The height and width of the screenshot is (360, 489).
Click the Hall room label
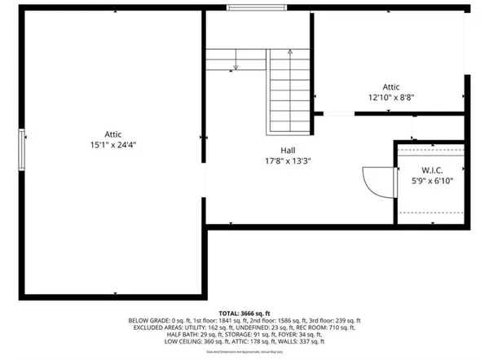pyautogui.click(x=289, y=151)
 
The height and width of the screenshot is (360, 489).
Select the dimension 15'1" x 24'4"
pyautogui.click(x=112, y=145)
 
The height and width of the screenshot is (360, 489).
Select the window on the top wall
pyautogui.click(x=257, y=9)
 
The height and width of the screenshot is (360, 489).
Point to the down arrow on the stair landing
pyautogui.click(x=235, y=65)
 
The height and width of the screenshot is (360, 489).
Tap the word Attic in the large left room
pyautogui.click(x=112, y=134)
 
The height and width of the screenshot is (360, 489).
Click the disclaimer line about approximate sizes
pyautogui.click(x=244, y=353)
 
